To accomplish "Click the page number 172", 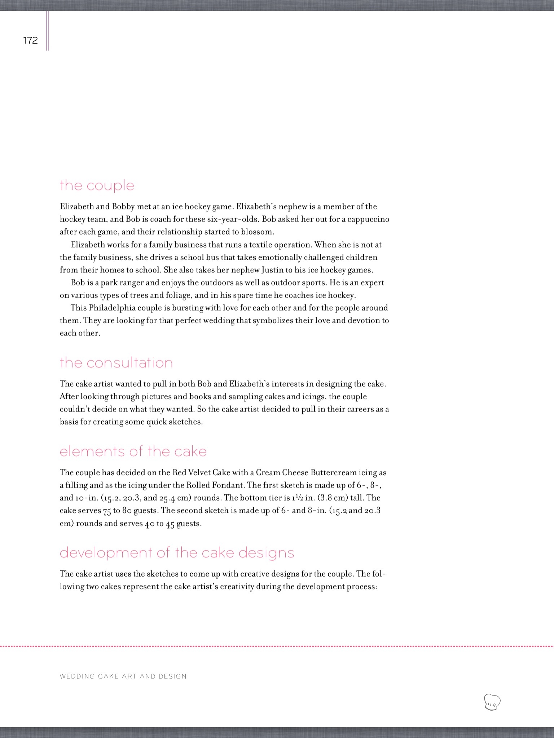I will tap(30, 40).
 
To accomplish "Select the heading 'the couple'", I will tap(97, 186).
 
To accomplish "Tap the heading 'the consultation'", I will tap(116, 363).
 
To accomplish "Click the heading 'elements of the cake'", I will tap(133, 451).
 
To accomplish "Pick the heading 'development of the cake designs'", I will tap(177, 552).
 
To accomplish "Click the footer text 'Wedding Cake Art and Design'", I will tap(123, 676).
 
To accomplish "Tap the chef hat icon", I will tap(492, 702).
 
